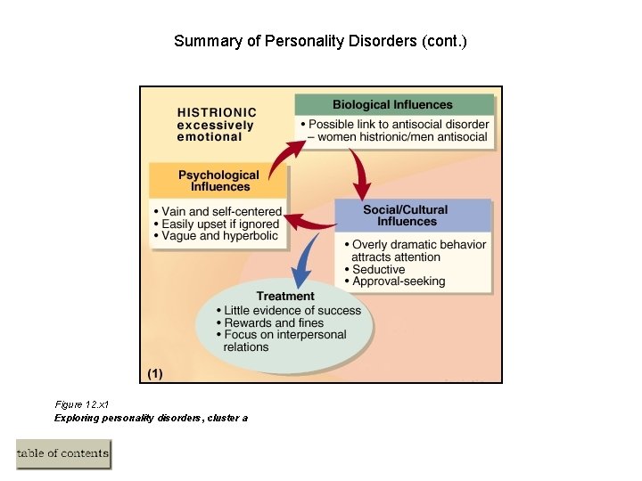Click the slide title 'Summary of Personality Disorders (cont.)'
(320, 41)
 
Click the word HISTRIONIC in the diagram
(217, 112)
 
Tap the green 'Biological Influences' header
(392, 104)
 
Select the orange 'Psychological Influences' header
(218, 181)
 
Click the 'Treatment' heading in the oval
(285, 296)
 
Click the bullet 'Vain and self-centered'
(220, 212)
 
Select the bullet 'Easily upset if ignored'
(219, 224)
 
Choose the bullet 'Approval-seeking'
(398, 281)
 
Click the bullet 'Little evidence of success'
(292, 310)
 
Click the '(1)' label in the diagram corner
(153, 374)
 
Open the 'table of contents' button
(63, 453)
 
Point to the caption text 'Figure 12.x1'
(82, 404)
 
